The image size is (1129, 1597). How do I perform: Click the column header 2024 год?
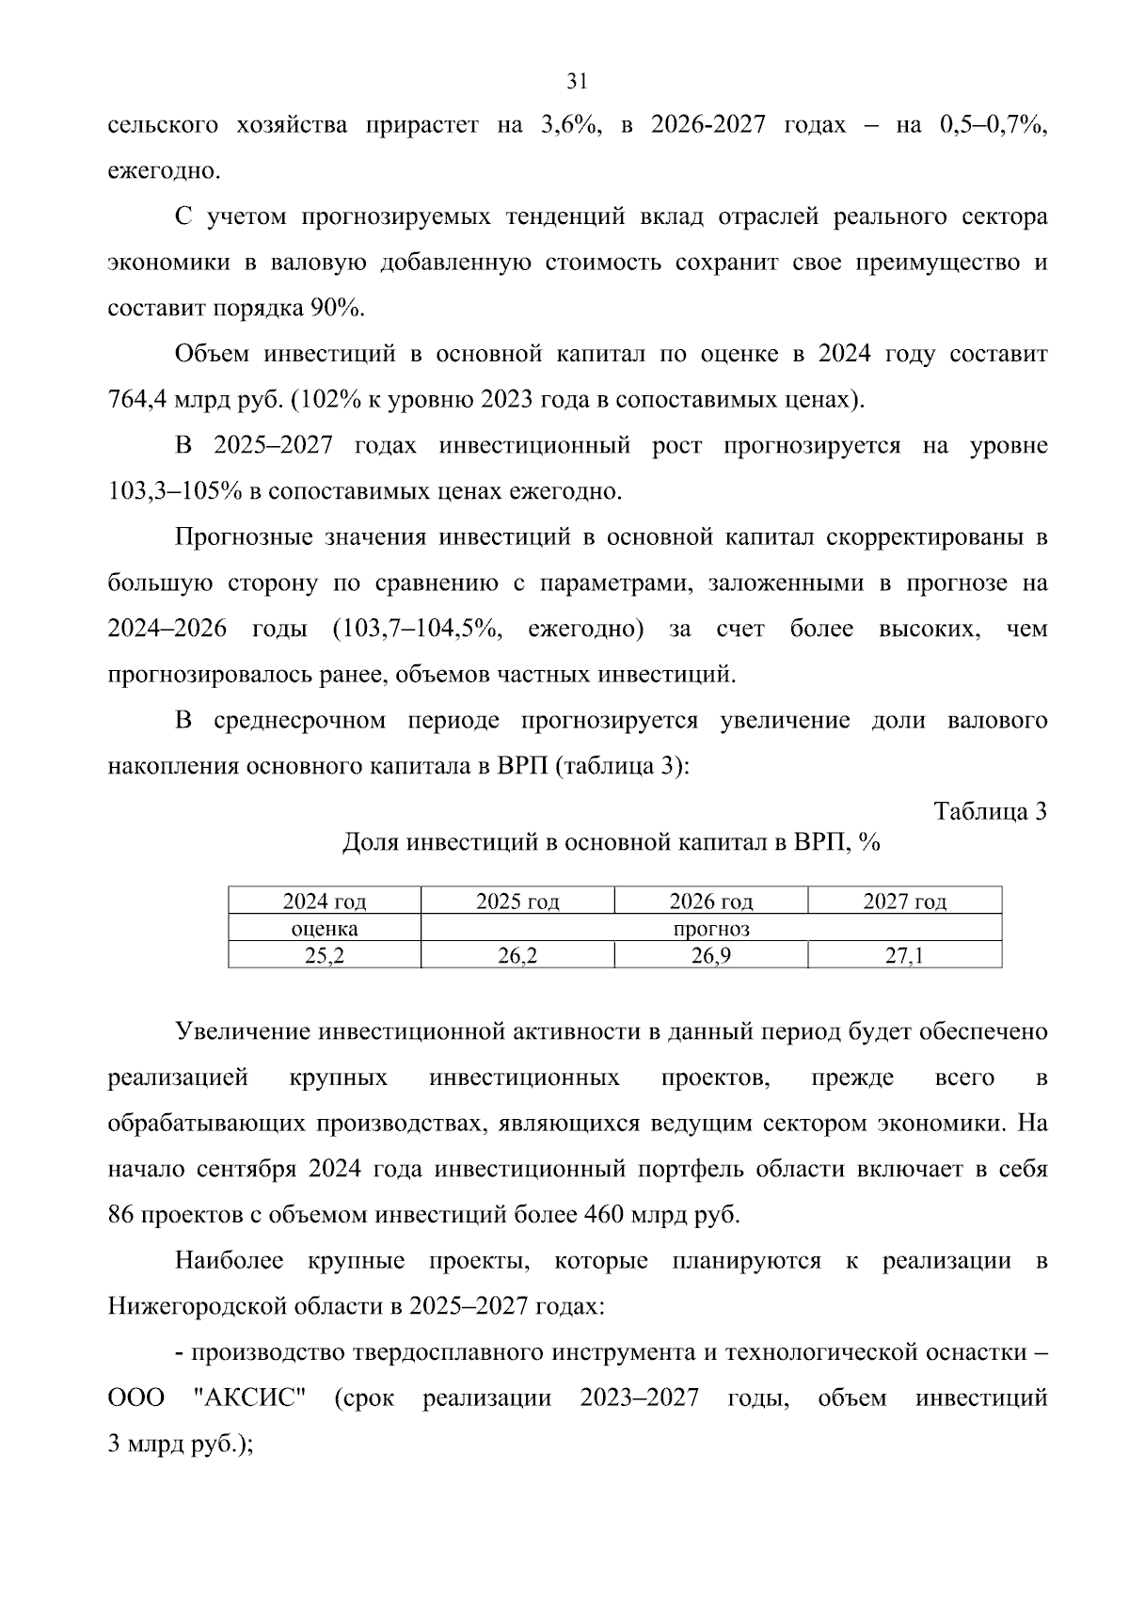coord(324,902)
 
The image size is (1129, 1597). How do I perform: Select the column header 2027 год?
coord(904,902)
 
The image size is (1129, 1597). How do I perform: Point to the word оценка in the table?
coord(324,929)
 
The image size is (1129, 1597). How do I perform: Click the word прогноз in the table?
coord(710,929)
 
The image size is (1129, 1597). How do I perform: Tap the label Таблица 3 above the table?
coord(989,811)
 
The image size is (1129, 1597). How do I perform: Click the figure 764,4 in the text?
coord(137,400)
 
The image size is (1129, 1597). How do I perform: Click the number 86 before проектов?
coord(121,1215)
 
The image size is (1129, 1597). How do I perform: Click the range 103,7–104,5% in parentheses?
coord(419,629)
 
